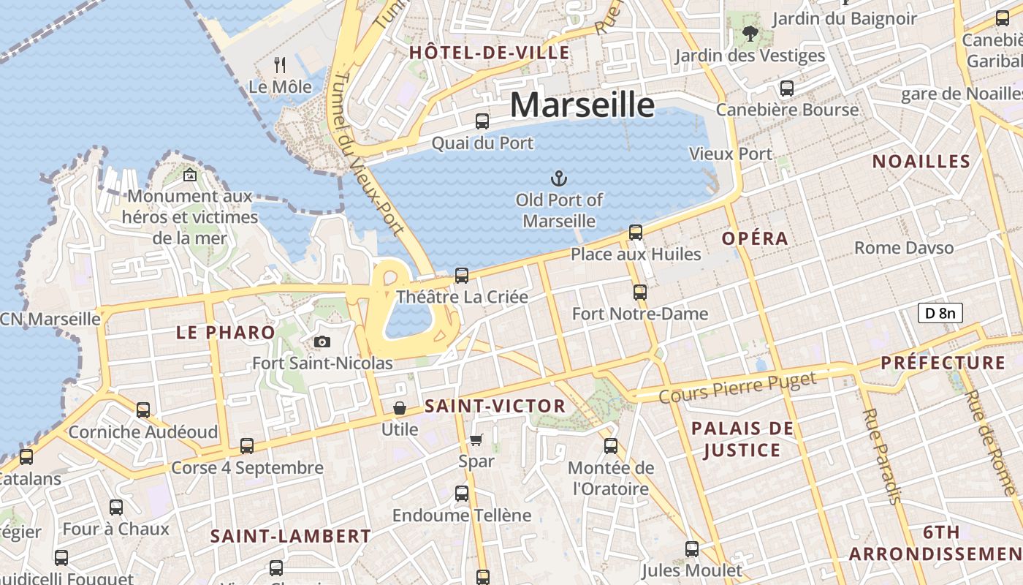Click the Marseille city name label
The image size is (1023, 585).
pyautogui.click(x=582, y=105)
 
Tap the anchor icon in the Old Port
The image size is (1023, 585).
pyautogui.click(x=559, y=178)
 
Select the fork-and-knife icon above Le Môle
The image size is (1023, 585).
pyautogui.click(x=280, y=65)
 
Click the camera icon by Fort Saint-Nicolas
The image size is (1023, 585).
pyautogui.click(x=322, y=341)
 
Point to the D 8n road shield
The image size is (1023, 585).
pyautogui.click(x=940, y=314)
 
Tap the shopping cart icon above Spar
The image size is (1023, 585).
pyautogui.click(x=476, y=439)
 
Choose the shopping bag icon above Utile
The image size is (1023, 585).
pyautogui.click(x=400, y=407)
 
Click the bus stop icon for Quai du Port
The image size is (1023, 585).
pyautogui.click(x=482, y=121)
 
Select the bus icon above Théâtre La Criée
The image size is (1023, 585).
pyautogui.click(x=462, y=276)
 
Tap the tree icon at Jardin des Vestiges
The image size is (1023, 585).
pyautogui.click(x=750, y=33)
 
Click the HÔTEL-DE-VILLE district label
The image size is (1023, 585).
pyautogui.click(x=489, y=53)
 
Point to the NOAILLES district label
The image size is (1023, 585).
pyautogui.click(x=921, y=162)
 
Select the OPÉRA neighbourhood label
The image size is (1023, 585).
pyautogui.click(x=755, y=238)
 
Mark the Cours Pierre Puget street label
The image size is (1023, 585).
pyautogui.click(x=737, y=388)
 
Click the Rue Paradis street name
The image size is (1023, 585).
pyautogui.click(x=881, y=456)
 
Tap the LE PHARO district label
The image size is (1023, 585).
pyautogui.click(x=225, y=333)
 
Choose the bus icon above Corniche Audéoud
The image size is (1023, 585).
pyautogui.click(x=143, y=410)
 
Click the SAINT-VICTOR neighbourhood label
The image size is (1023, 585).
pyautogui.click(x=495, y=407)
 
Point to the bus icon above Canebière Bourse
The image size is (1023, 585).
pyautogui.click(x=787, y=88)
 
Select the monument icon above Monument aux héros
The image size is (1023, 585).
pyautogui.click(x=190, y=175)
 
